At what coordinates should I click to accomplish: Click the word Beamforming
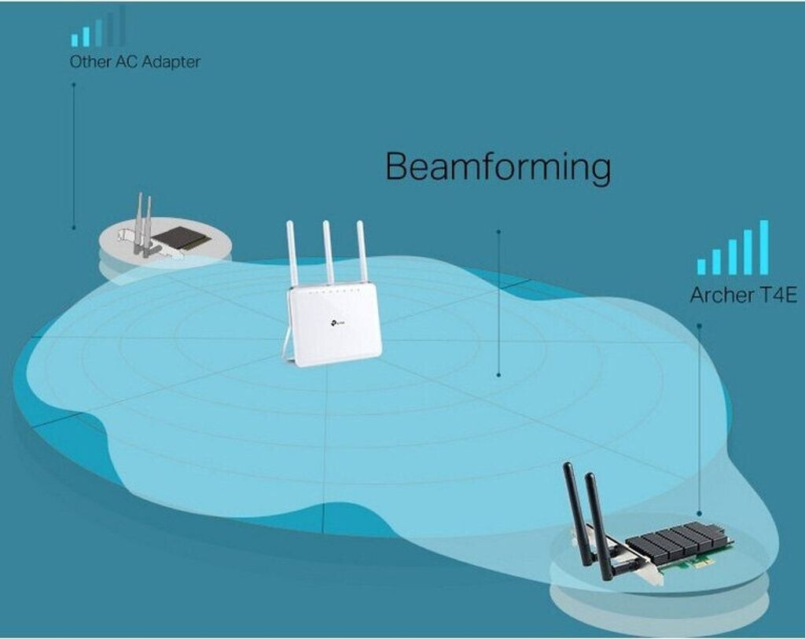(x=498, y=167)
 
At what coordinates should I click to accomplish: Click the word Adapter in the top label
(x=171, y=62)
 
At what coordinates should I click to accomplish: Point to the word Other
(x=90, y=61)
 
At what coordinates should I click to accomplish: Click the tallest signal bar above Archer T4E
(x=764, y=247)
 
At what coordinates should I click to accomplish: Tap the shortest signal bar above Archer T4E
(x=701, y=266)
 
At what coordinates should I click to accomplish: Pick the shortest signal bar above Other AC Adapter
(x=75, y=40)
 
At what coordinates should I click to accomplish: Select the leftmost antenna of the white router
(x=293, y=254)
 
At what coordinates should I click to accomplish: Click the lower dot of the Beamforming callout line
(x=498, y=375)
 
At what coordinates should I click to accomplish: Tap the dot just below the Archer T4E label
(x=699, y=325)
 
